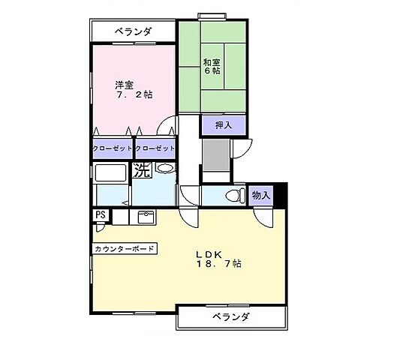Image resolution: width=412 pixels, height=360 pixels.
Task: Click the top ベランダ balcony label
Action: [x=134, y=31]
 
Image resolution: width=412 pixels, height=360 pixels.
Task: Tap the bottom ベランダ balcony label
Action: [x=230, y=317]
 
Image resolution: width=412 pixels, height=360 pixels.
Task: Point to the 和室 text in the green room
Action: [x=210, y=62]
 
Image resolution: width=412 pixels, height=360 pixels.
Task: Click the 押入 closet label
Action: [x=223, y=124]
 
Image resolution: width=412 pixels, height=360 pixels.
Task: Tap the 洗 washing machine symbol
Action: [x=143, y=170]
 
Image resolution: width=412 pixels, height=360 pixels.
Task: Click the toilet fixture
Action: [x=235, y=196]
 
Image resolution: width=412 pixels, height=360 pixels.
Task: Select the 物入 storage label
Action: [x=261, y=195]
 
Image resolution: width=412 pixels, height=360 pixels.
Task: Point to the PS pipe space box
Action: [x=100, y=215]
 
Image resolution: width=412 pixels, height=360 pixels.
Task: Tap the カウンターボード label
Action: [x=125, y=248]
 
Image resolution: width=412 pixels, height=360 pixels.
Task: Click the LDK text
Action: [x=209, y=253]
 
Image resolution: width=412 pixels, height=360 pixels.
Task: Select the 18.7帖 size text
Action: [x=218, y=265]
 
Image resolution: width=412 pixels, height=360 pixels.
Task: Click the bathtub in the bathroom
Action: [x=110, y=172]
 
